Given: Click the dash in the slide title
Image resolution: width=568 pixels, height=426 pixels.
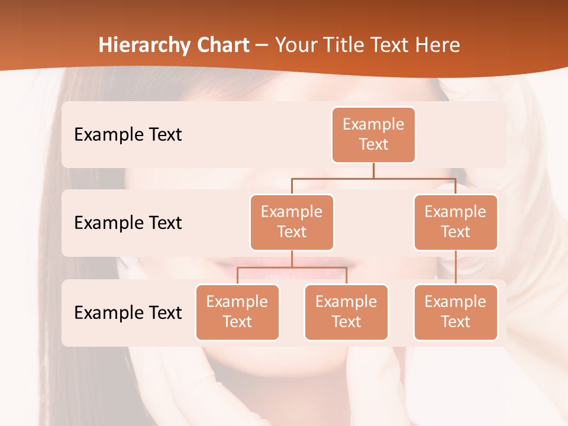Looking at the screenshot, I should click(262, 46).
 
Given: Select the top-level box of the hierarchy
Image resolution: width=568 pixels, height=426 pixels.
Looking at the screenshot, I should click(373, 135).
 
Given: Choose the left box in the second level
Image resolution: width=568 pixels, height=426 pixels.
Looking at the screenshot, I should click(292, 222).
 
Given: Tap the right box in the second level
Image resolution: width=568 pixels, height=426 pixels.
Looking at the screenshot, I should click(456, 222).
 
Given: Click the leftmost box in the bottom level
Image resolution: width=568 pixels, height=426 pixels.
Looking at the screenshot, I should click(237, 312).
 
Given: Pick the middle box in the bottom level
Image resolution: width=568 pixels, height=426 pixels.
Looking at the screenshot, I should click(346, 312).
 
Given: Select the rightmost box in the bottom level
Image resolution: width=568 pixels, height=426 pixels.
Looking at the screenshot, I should click(456, 312).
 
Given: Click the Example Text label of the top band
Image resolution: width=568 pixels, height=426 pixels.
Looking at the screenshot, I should click(128, 135).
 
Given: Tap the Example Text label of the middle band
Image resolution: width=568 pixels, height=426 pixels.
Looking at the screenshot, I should click(128, 223).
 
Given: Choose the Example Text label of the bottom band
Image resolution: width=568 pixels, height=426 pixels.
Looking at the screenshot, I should click(128, 312).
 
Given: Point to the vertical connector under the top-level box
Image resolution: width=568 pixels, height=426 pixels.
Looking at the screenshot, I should click(373, 170).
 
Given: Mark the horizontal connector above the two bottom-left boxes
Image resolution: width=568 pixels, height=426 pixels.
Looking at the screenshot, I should click(292, 267).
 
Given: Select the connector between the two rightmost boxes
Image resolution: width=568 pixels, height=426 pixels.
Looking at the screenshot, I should click(456, 267).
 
